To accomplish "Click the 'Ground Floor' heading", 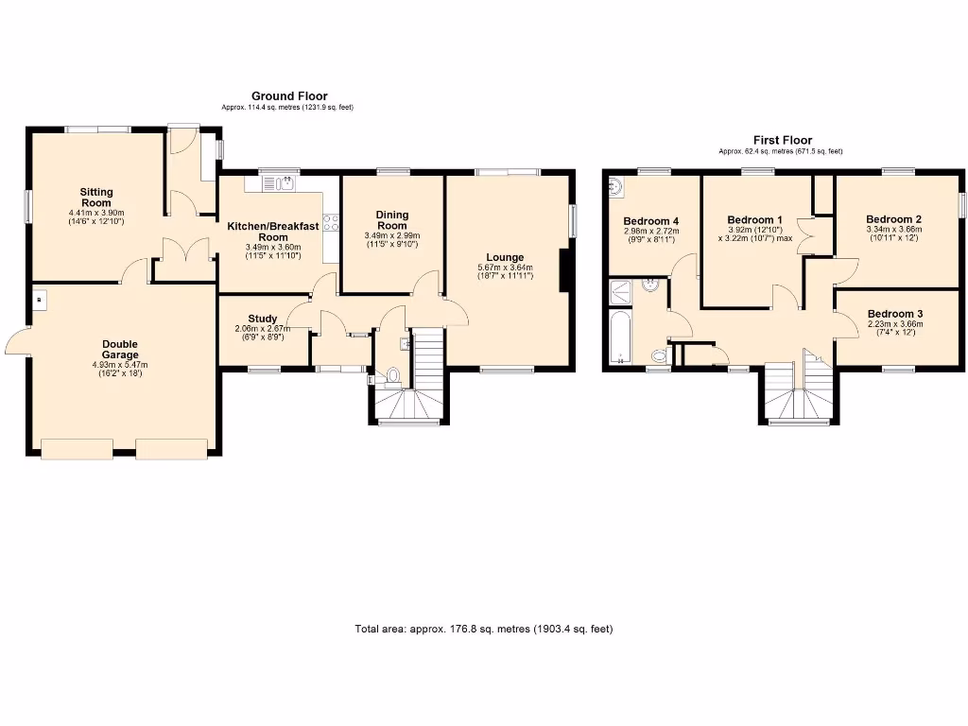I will (x=288, y=96).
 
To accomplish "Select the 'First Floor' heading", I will (x=782, y=140).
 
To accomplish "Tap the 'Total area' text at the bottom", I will (x=490, y=629).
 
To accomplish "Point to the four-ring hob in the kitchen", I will (x=332, y=223).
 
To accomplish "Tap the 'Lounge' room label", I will (x=505, y=257).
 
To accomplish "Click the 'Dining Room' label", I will (x=391, y=220).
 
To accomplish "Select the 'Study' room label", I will (x=263, y=319).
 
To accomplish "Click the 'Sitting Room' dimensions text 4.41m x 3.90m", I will (x=95, y=213).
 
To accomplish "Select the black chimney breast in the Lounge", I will (x=564, y=270).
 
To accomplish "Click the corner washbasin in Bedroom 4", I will (x=617, y=185).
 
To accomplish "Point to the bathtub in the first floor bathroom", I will (x=621, y=339).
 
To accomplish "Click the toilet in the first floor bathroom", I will (x=660, y=355).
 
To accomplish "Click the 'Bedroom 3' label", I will (x=894, y=314).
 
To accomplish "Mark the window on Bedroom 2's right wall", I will (x=961, y=205).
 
